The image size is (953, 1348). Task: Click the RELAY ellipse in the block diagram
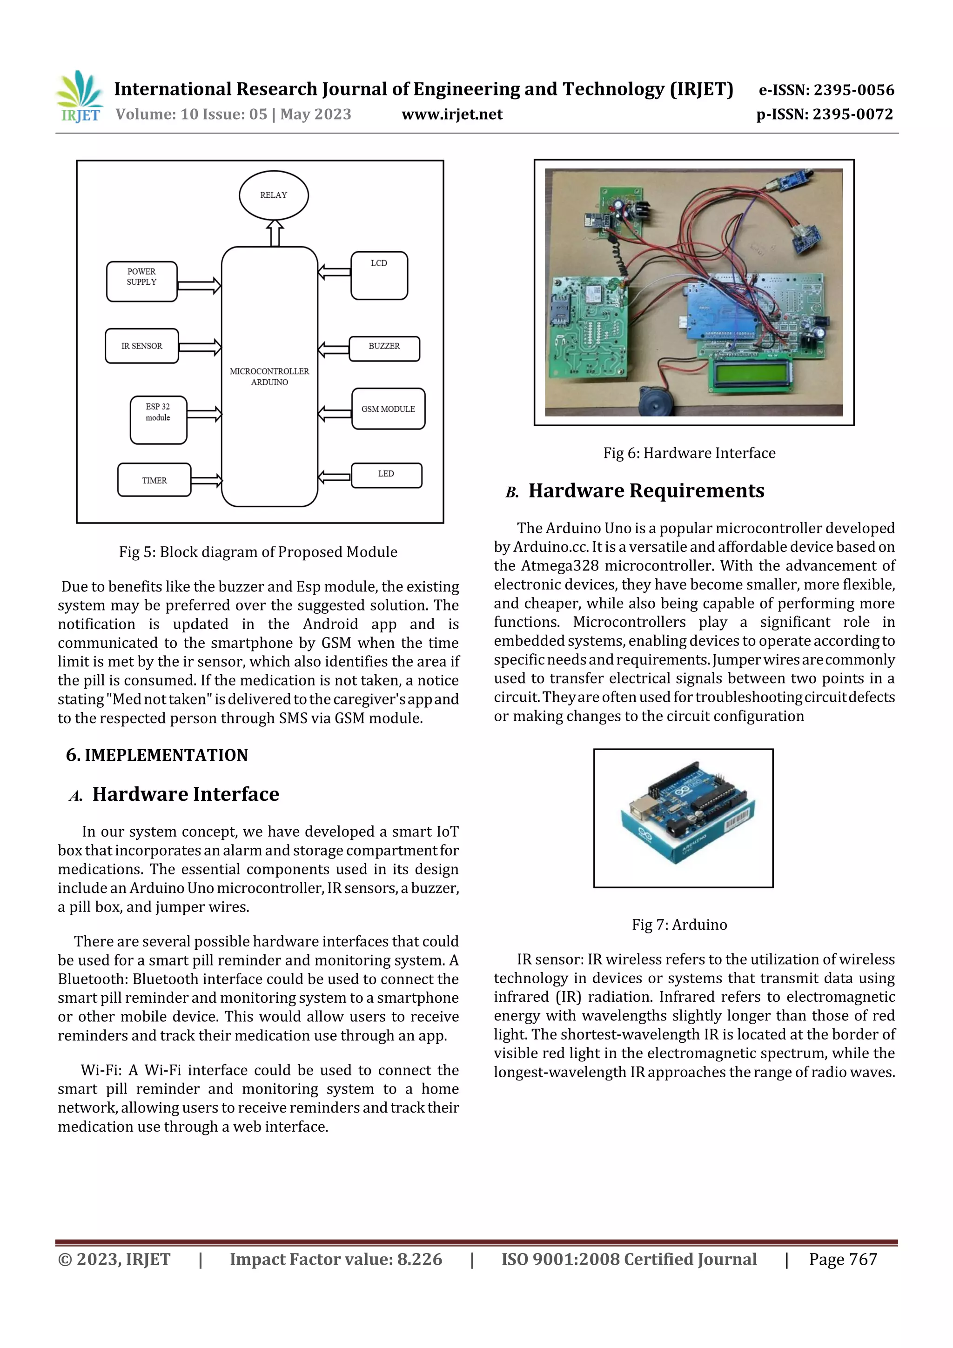pos(274,195)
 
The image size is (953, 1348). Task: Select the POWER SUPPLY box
pos(141,281)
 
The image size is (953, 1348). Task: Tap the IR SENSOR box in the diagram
pos(141,346)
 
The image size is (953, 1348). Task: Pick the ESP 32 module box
pos(158,420)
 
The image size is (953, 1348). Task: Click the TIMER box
pos(154,480)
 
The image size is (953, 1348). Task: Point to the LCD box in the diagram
pos(379,275)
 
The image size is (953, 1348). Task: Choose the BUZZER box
pos(384,348)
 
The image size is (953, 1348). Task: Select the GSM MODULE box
pos(388,409)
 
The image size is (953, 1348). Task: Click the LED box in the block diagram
pos(386,475)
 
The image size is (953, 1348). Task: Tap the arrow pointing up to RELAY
pos(274,233)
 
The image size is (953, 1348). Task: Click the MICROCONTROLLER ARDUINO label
pos(269,376)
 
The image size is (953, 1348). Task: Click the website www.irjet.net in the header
pos(451,114)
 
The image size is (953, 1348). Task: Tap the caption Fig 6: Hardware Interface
pos(689,453)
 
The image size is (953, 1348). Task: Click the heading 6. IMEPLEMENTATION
pos(157,755)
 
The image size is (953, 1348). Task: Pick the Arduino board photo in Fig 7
pos(683,818)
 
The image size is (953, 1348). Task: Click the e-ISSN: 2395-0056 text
pos(826,90)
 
